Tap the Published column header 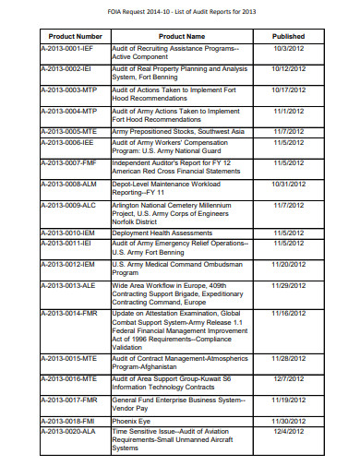[x=289, y=36]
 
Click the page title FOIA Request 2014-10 [x=179, y=9]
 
